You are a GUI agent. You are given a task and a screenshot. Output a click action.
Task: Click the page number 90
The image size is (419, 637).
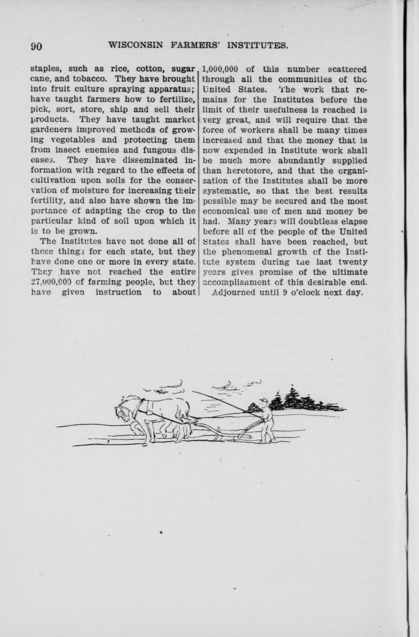pos(36,46)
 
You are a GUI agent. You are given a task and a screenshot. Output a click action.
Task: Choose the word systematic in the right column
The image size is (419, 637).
pos(225,191)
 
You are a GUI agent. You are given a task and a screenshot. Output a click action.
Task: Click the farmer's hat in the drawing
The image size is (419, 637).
pos(263,400)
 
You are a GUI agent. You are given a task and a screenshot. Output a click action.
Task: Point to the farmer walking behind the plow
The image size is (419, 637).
pos(266,420)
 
